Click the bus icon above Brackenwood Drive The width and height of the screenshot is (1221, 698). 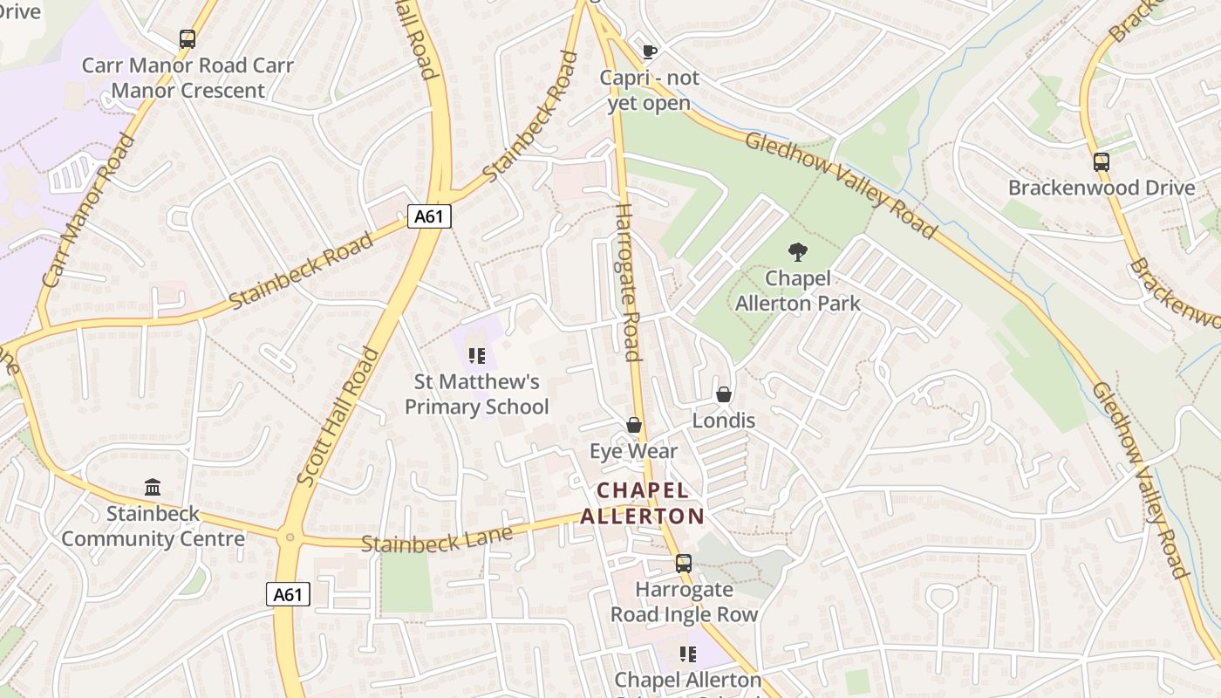(x=1101, y=161)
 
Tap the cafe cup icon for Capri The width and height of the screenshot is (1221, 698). (x=649, y=51)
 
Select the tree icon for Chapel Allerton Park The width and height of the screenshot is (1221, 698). (x=797, y=252)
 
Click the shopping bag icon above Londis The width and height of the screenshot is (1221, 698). (x=723, y=394)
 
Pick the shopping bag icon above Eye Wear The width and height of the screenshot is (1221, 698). (x=634, y=425)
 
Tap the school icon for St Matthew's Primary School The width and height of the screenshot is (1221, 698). (x=476, y=355)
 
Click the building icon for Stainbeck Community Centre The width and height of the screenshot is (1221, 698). (x=153, y=487)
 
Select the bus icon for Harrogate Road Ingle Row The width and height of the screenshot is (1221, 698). (x=683, y=564)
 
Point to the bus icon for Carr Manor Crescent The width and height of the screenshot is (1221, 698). (x=188, y=38)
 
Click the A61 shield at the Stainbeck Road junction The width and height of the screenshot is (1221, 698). (x=429, y=216)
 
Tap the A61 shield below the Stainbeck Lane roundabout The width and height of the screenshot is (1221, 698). (x=288, y=595)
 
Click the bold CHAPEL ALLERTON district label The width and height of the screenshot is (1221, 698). (x=642, y=503)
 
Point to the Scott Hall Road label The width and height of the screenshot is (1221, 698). (x=338, y=416)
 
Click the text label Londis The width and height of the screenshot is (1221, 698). (x=723, y=421)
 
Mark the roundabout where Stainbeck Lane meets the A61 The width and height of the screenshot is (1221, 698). (x=289, y=538)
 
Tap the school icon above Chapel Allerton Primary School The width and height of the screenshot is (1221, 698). (x=687, y=654)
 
